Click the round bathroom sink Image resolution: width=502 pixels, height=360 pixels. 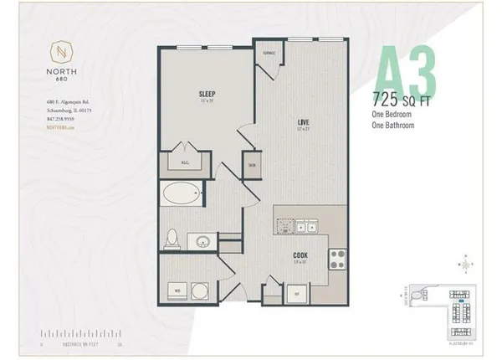click(202, 244)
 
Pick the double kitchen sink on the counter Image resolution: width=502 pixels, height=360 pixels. click(302, 226)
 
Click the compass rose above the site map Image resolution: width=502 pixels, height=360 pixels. click(465, 264)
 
